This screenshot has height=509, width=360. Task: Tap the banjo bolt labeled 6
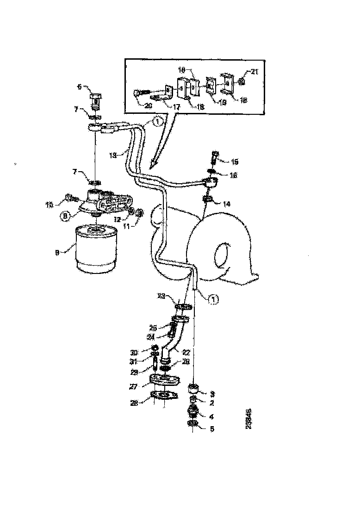96,99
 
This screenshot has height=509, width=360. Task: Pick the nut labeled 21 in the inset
242,83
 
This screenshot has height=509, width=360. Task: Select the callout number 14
226,204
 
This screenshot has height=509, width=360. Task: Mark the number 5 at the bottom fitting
211,429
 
